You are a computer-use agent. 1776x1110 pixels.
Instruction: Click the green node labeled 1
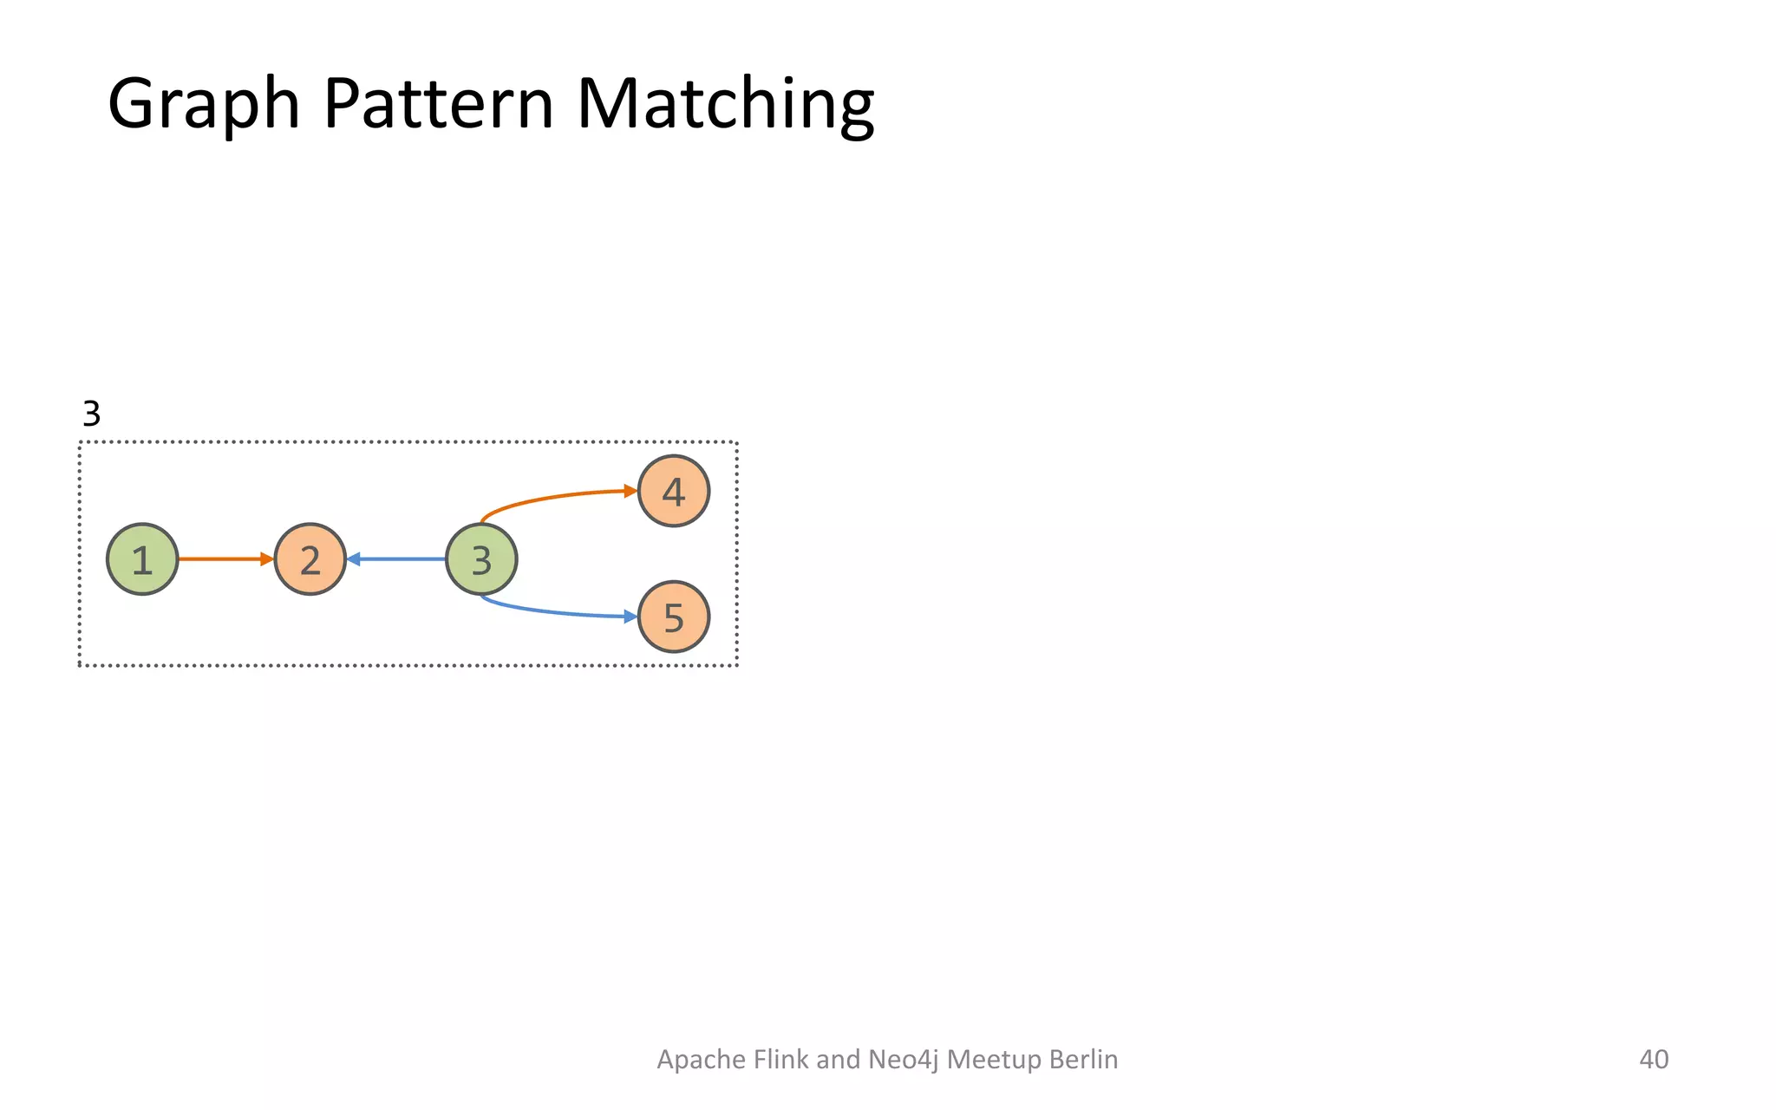coord(142,559)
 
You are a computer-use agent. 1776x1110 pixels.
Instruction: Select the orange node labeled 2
coord(310,559)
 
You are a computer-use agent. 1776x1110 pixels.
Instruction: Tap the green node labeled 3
coord(481,559)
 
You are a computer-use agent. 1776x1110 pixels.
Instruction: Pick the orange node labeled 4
coord(674,491)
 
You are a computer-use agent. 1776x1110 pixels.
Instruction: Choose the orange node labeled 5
coord(674,617)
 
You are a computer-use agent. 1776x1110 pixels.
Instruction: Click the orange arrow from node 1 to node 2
coord(224,559)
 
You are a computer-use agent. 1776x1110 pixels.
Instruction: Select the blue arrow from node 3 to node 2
coord(397,559)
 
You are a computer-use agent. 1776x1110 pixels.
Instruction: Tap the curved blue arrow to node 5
coord(555,612)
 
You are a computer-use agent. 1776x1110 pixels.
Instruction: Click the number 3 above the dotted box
coord(91,414)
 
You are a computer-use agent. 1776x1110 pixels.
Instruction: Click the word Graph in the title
coord(203,104)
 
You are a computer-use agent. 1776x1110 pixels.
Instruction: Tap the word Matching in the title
coord(725,104)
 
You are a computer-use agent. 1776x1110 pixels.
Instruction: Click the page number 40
coord(1654,1059)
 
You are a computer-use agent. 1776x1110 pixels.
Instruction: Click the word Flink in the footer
coord(782,1059)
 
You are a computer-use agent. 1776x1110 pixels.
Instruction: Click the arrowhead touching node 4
coord(631,491)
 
